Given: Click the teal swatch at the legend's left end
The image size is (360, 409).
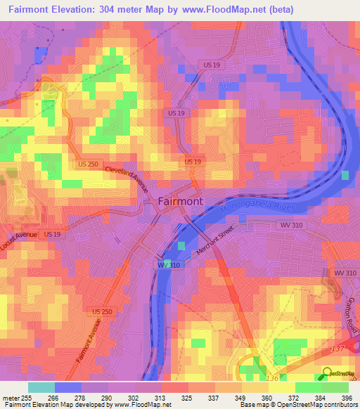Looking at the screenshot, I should point(41,387).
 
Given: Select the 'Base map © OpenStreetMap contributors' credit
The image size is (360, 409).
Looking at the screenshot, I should point(297,405).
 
